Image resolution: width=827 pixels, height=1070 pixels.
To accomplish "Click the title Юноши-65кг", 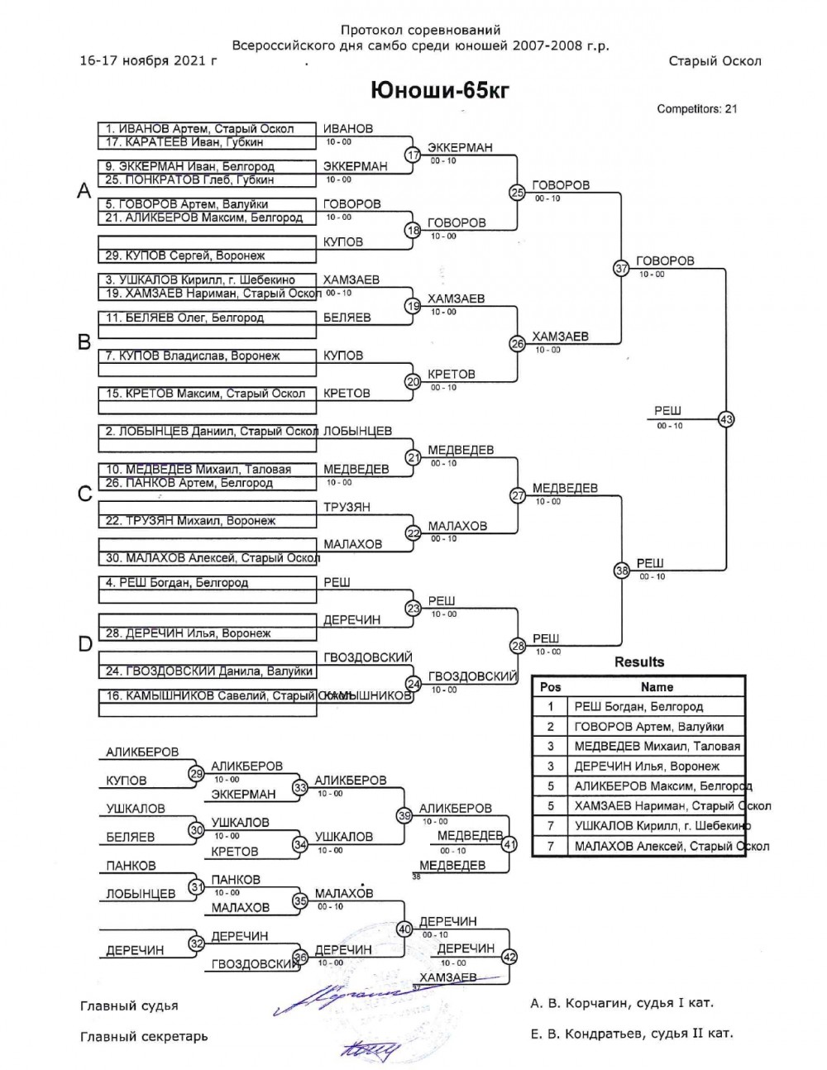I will coord(438,90).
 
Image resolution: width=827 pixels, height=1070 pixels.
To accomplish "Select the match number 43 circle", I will coord(726,418).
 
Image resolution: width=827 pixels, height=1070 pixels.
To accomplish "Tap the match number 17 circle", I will coord(412,155).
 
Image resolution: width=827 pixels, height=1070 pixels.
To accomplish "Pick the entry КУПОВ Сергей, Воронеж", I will coord(185,256).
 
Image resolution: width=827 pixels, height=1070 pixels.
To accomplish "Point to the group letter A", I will coord(84,191).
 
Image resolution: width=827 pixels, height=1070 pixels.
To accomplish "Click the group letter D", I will coord(84,643).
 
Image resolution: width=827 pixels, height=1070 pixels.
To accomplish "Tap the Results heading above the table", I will coord(638,662).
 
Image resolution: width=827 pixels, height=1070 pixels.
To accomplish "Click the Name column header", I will coord(657,687).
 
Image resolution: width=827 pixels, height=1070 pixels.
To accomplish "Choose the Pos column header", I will coord(550,687).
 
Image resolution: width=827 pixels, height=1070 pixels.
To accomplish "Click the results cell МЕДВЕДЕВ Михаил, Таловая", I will coord(657,746).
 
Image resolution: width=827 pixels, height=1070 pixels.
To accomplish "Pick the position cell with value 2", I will coord(550,726).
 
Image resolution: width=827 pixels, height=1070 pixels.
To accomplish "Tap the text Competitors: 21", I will coord(696,108).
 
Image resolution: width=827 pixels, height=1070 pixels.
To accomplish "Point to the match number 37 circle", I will coord(621,268).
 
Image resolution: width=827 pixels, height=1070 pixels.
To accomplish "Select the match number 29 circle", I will coord(196,774).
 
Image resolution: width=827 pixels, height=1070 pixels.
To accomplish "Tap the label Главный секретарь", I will coord(144,1036).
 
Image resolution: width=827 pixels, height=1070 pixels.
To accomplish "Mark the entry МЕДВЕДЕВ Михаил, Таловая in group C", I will coord(198,470).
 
